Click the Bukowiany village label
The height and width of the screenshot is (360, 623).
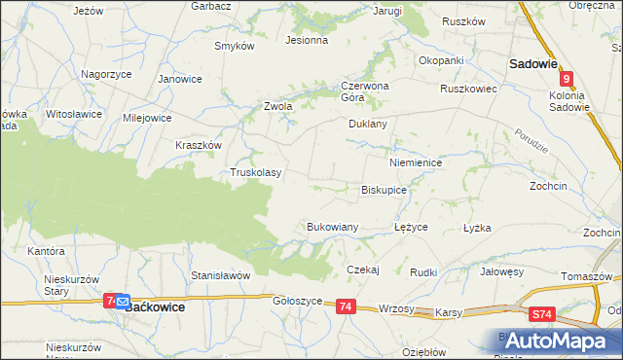click(x=333, y=227)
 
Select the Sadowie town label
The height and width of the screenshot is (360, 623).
click(x=532, y=63)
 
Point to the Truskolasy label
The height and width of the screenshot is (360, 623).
click(x=255, y=173)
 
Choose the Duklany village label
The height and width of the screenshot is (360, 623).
click(x=368, y=125)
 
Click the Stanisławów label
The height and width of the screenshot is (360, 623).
click(x=221, y=275)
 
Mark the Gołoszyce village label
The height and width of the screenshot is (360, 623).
click(x=297, y=302)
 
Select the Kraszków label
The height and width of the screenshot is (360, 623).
click(x=200, y=144)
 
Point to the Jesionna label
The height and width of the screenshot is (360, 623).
click(x=306, y=41)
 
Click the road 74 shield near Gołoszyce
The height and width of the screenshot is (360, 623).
click(x=345, y=306)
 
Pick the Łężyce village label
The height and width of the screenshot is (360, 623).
click(x=411, y=227)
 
